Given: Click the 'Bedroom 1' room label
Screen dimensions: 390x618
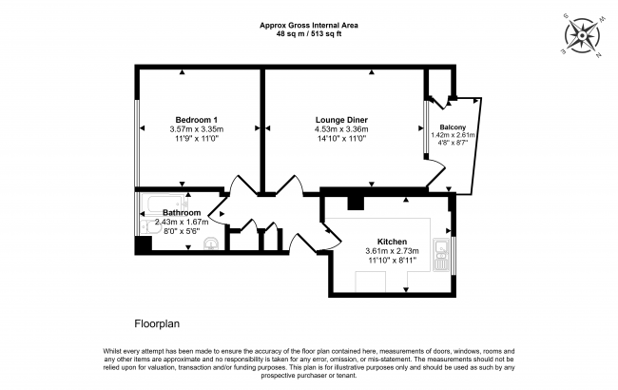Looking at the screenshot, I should coord(197,119).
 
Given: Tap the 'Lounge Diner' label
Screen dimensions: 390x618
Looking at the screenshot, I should coord(341,119).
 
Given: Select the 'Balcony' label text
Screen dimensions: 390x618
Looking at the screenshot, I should coord(453,126).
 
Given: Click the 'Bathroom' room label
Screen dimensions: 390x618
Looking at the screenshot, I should coord(181,212).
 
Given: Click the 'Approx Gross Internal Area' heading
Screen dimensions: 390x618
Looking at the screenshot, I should coord(309,26).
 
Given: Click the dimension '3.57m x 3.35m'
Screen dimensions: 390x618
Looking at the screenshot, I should coord(197,128).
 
